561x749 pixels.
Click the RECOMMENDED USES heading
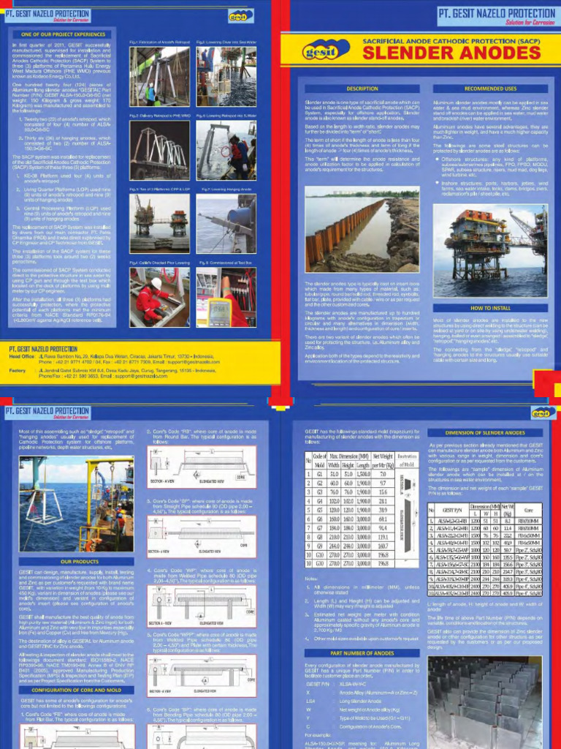[x=490, y=89]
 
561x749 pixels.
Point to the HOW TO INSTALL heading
[x=490, y=308]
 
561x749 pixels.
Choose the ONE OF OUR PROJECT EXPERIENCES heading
[x=64, y=34]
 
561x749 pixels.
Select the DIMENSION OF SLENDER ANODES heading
[x=490, y=433]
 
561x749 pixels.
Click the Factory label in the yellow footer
[x=19, y=371]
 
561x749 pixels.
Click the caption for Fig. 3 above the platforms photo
[x=159, y=189]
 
